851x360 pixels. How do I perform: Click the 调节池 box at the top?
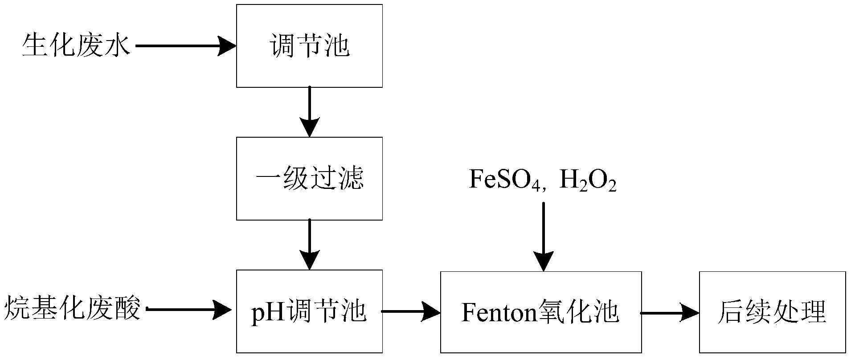pos(309,46)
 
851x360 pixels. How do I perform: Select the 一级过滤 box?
pos(309,179)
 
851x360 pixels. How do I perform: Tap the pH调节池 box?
pos(309,311)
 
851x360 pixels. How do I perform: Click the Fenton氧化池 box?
pos(541,312)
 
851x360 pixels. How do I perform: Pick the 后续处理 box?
pos(772,312)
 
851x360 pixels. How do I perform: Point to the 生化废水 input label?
pos(76,45)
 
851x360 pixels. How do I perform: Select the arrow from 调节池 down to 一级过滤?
pos(309,112)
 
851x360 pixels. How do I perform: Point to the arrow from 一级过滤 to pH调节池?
pos(309,245)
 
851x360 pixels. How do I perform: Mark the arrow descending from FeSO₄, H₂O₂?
pos(544,237)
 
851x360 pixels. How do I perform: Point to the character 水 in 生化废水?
pos(118,45)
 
